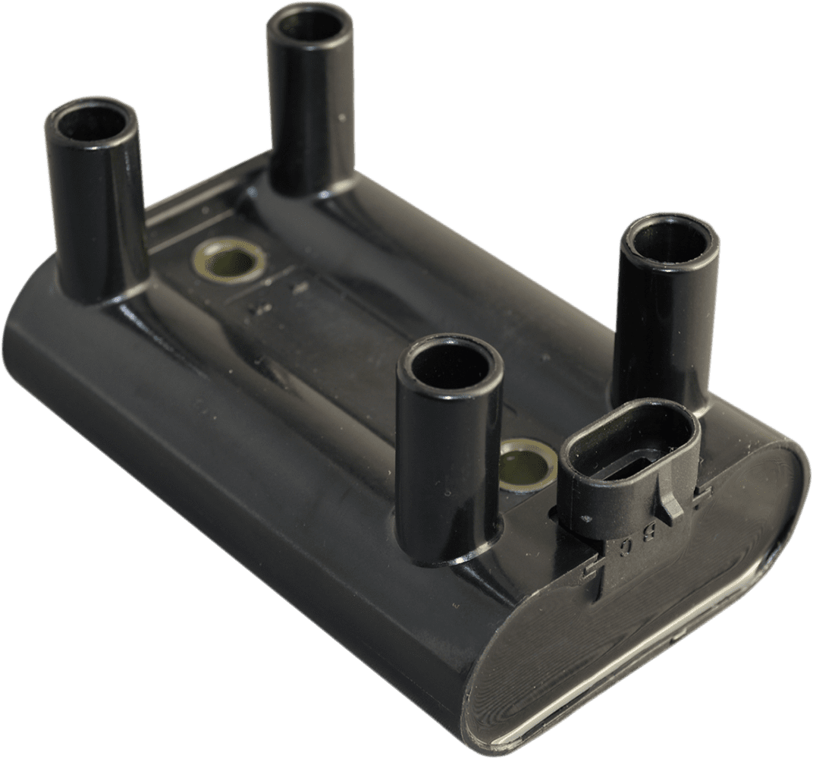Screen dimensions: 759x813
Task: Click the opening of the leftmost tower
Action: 90,122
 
